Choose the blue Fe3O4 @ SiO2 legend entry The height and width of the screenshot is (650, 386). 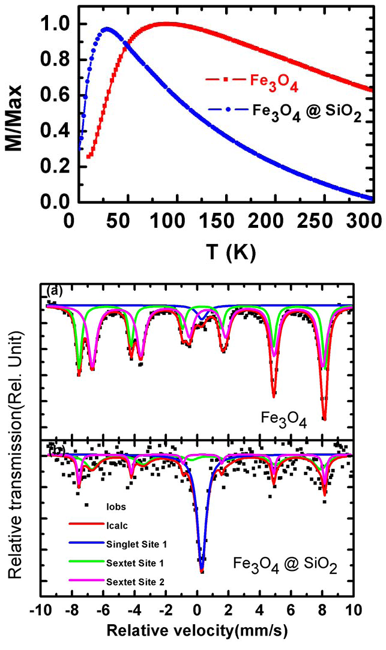point(282,111)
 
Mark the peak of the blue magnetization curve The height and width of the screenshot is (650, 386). point(107,28)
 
